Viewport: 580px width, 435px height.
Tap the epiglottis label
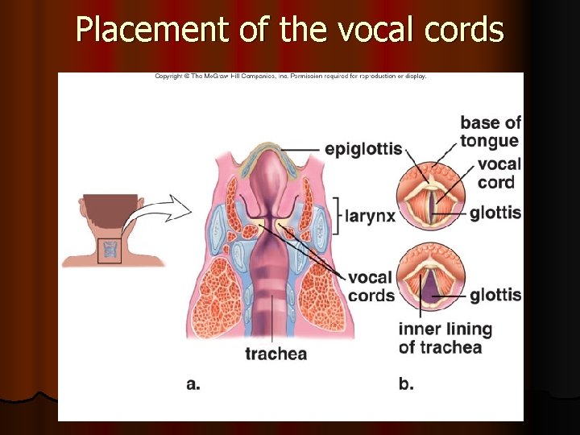[x=362, y=149]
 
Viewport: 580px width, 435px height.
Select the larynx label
[x=371, y=215]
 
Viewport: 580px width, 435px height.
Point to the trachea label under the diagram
[x=275, y=354]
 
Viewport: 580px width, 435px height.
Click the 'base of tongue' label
[x=490, y=132]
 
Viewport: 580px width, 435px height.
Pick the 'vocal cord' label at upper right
[x=499, y=173]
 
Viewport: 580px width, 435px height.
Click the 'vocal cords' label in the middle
[x=371, y=286]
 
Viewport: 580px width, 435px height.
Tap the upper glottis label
[x=495, y=213]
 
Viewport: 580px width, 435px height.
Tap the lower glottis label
[x=495, y=295]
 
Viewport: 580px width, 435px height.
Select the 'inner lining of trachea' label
[x=445, y=338]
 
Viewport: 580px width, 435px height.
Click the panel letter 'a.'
[x=193, y=384]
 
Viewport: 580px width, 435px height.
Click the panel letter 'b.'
[x=406, y=384]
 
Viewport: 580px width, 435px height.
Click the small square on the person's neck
[x=109, y=252]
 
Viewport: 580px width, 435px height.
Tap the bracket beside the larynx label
[x=336, y=214]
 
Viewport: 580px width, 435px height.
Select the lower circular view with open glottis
[x=428, y=278]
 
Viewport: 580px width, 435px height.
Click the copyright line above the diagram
[x=291, y=77]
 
